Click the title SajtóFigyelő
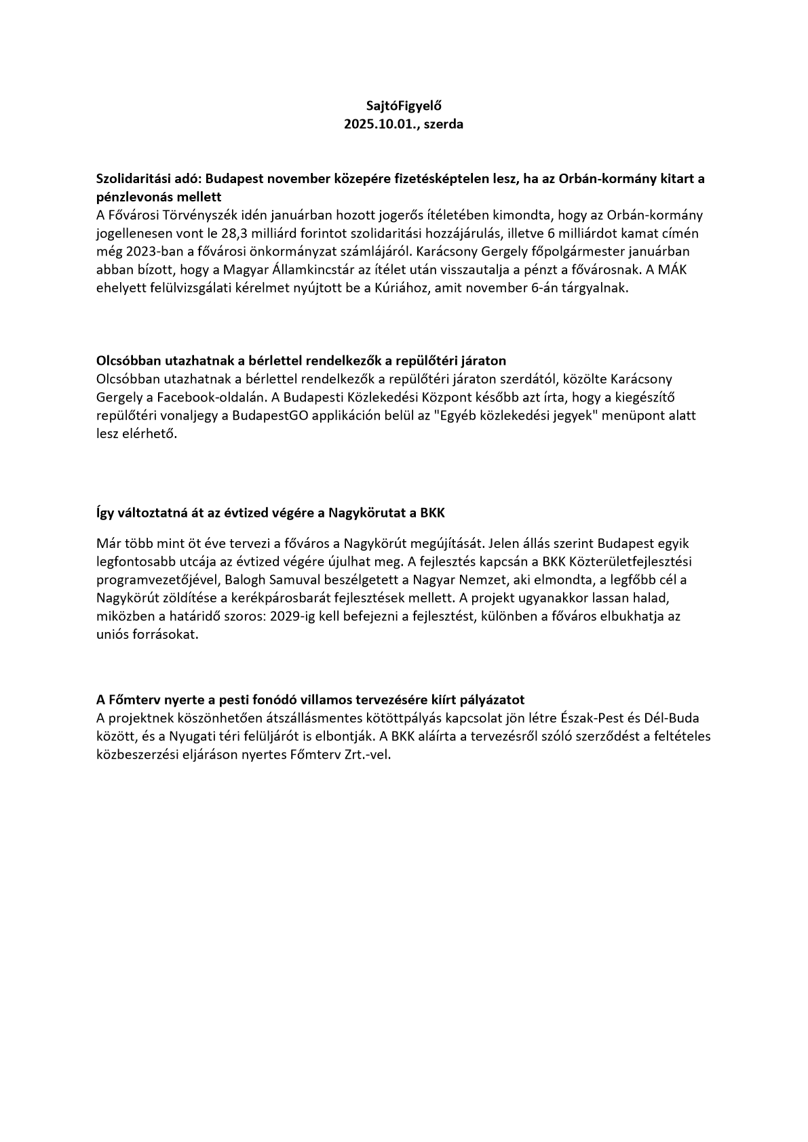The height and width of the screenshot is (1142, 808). point(404,106)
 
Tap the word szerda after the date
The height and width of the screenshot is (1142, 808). point(443,125)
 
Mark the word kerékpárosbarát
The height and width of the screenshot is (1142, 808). point(277,598)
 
